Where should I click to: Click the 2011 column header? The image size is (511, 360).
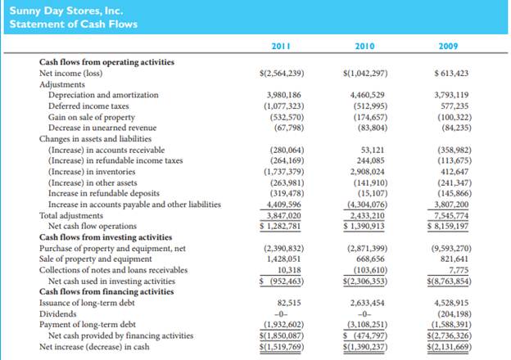tap(281, 47)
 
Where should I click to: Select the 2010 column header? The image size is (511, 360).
tap(366, 47)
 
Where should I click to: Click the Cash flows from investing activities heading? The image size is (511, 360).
tap(98, 236)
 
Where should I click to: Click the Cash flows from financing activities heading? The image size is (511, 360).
tap(97, 292)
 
